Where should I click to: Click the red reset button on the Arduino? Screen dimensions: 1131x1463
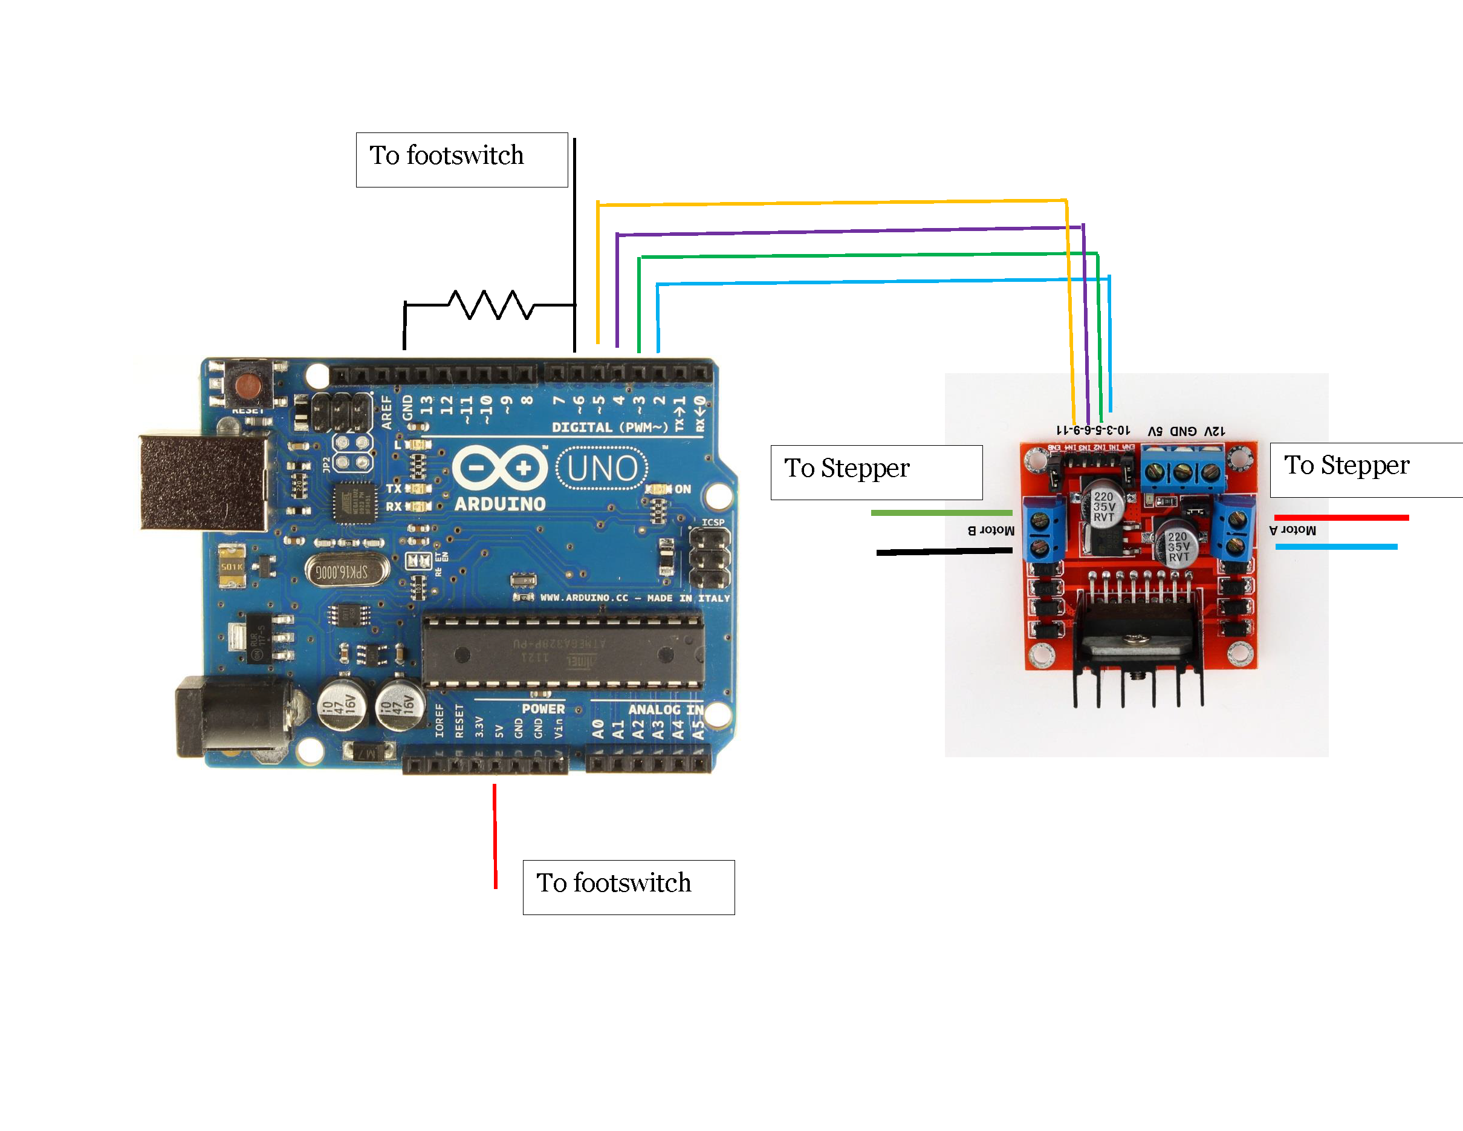248,386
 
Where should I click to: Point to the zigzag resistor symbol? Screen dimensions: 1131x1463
490,305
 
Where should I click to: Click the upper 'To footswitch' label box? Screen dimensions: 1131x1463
461,160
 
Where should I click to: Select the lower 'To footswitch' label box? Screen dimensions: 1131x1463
628,887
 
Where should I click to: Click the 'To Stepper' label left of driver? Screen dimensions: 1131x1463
876,472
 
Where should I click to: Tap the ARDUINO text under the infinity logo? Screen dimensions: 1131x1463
500,504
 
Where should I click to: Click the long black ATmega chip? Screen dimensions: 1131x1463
563,651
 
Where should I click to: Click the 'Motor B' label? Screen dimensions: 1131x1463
991,530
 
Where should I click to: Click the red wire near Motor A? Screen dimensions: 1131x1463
1341,517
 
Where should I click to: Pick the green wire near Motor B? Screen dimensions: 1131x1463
941,512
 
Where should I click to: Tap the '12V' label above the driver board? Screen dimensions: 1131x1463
1215,431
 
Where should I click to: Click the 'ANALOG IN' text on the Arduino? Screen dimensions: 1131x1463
665,709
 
